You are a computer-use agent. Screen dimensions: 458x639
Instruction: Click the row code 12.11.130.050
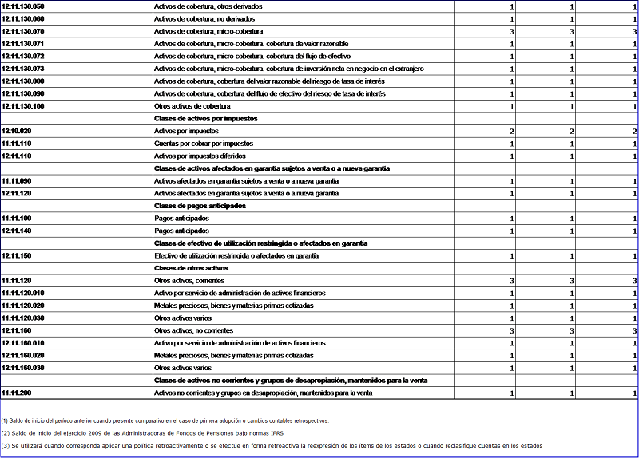coord(22,6)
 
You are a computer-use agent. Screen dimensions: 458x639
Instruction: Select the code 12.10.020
coord(17,131)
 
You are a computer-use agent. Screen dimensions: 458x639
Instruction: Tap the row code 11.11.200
coord(17,393)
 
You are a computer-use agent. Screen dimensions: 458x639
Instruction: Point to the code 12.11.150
coord(17,255)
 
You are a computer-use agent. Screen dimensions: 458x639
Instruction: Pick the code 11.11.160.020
coord(22,355)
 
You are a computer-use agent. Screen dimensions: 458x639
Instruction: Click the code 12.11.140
coord(17,231)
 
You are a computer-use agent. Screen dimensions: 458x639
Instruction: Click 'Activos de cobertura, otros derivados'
coord(208,6)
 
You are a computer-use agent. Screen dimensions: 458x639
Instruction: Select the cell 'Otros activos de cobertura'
coord(192,106)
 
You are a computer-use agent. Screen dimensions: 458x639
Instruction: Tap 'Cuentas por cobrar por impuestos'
coord(204,144)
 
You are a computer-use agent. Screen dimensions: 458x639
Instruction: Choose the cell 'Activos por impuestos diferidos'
coord(200,156)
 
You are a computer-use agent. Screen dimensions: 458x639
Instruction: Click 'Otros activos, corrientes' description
coord(189,281)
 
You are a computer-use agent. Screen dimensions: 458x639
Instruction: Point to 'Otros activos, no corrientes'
coord(193,330)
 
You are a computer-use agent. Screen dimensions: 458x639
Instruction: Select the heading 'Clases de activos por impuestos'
coord(205,118)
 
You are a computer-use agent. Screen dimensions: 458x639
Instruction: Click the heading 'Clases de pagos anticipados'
coord(200,206)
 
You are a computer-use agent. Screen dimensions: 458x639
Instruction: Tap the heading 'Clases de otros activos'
coord(192,268)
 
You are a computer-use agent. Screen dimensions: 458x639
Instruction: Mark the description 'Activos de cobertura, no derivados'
coord(205,18)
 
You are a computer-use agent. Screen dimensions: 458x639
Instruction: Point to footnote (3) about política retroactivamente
coord(272,445)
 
